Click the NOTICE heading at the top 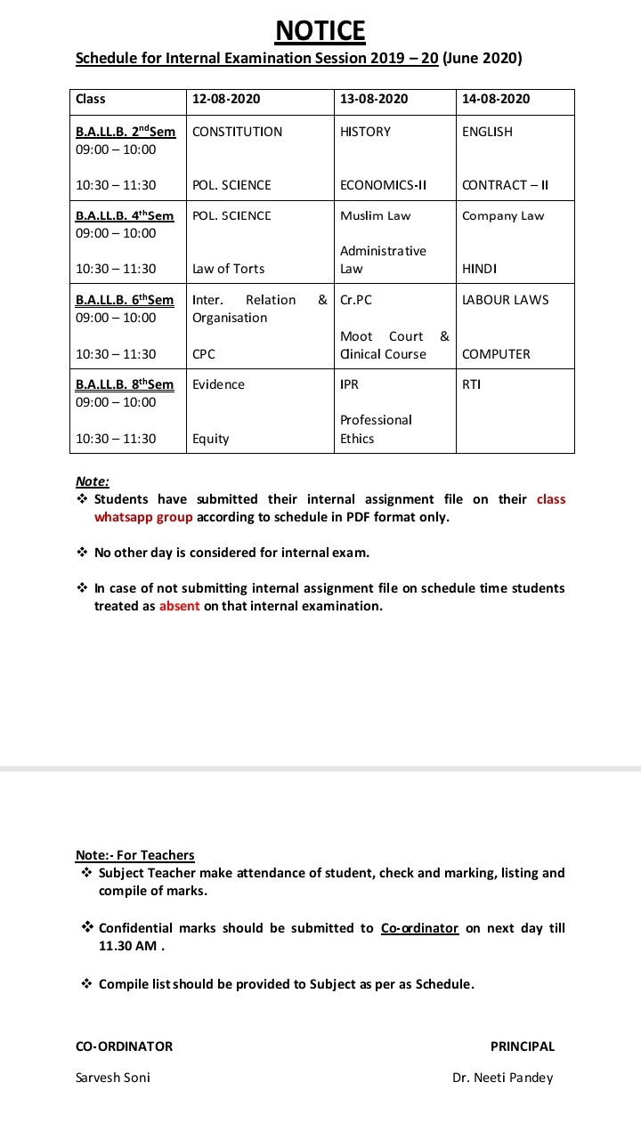(320, 31)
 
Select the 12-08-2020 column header (226, 99)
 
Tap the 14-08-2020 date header (496, 99)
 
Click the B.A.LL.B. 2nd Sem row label (126, 132)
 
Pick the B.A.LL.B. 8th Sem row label (125, 384)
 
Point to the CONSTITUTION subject (237, 132)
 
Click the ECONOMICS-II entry (383, 185)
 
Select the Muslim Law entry (375, 215)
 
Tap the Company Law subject (503, 215)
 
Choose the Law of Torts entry (228, 269)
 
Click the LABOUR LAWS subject (506, 300)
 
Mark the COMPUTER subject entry (496, 354)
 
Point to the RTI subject (471, 384)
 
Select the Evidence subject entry (218, 384)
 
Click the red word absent (179, 606)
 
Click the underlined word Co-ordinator (419, 928)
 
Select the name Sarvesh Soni (113, 1078)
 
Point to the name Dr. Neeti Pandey (502, 1078)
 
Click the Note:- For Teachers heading (134, 855)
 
